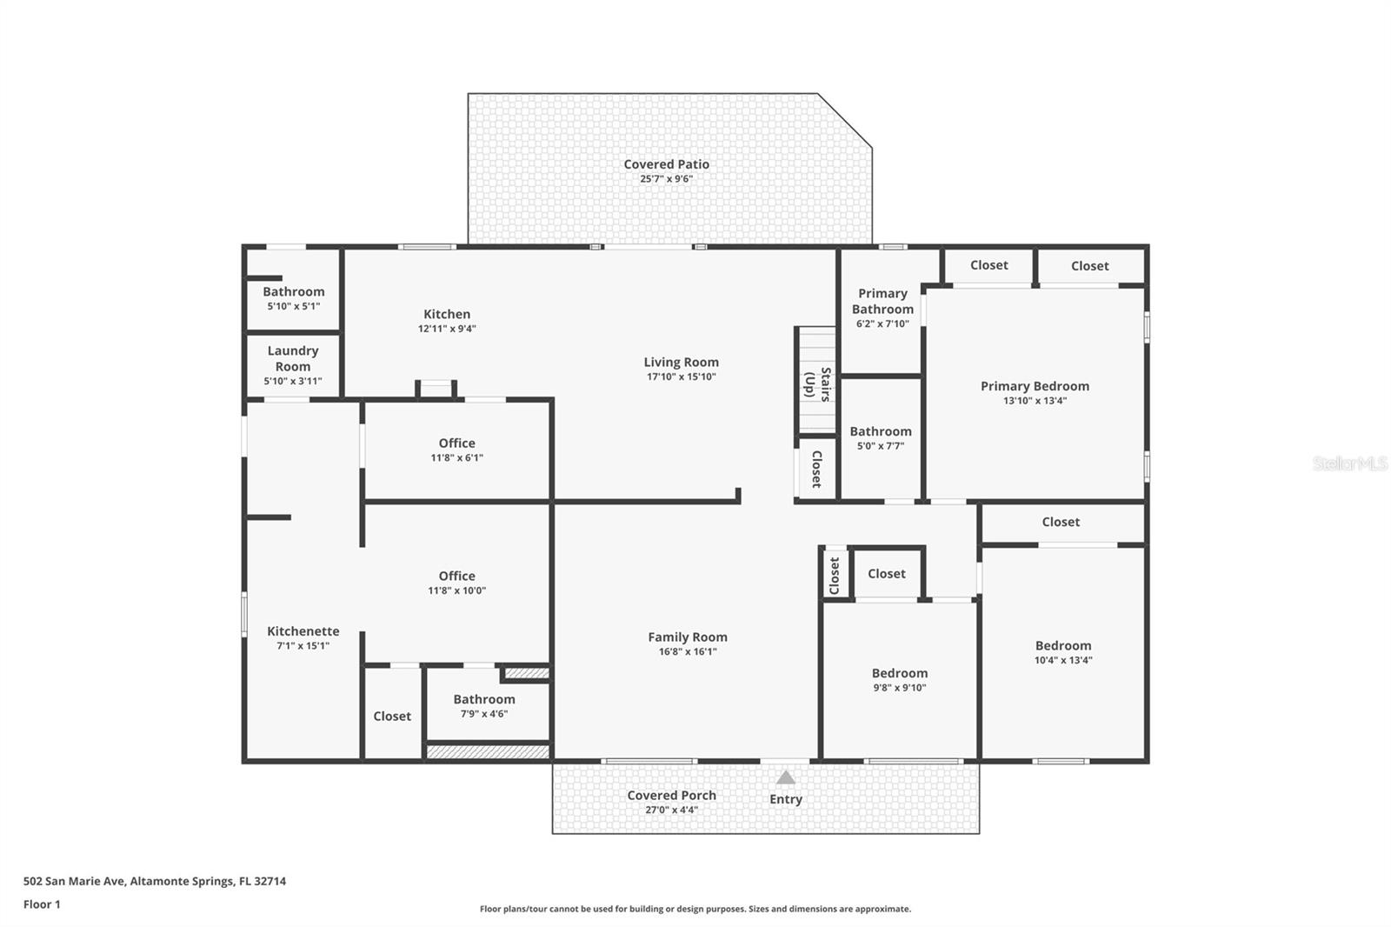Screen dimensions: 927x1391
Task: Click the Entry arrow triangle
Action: (x=785, y=777)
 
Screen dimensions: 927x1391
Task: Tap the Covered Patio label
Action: (x=666, y=164)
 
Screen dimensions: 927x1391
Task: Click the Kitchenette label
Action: (x=303, y=631)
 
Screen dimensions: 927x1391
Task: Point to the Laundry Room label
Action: (x=293, y=358)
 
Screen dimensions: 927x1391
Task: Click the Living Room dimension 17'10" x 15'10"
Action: (x=681, y=377)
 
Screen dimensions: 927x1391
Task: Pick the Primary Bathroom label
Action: (x=882, y=301)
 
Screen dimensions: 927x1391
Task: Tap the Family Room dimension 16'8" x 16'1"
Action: (x=687, y=651)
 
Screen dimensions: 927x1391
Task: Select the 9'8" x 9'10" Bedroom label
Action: (x=899, y=673)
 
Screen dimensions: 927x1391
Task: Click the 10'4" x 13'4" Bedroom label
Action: (x=1062, y=645)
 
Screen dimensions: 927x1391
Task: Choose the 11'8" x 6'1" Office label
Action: (x=456, y=443)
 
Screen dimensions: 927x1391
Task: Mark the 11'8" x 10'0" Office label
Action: (x=456, y=576)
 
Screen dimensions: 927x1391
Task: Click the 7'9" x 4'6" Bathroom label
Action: (x=483, y=699)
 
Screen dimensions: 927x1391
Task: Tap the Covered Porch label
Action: (x=671, y=796)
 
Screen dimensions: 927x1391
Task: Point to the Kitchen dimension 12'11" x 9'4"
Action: (x=447, y=329)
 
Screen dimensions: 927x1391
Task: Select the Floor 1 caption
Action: (x=42, y=904)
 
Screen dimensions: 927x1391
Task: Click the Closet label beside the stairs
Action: (x=816, y=469)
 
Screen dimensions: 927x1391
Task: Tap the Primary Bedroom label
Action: (x=1035, y=386)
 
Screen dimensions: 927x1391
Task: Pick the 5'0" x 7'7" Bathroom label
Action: (x=881, y=431)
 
